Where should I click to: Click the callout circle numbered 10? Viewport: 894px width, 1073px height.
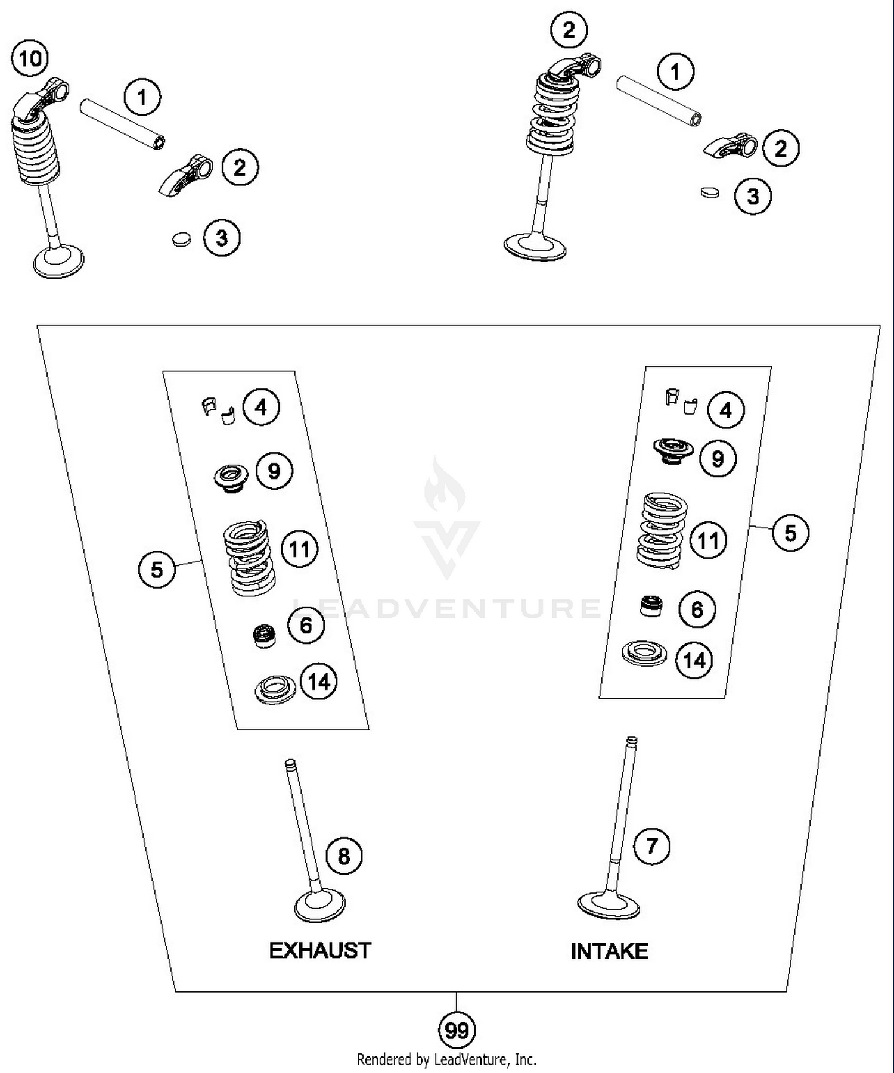[x=30, y=58]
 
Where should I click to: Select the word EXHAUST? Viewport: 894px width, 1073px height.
[x=320, y=950]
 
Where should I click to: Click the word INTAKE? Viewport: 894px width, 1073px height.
[x=609, y=951]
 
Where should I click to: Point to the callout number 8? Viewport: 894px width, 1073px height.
[x=344, y=856]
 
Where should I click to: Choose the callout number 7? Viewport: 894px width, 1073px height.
[x=651, y=846]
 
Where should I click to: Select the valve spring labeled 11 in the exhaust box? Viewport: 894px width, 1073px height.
[x=249, y=558]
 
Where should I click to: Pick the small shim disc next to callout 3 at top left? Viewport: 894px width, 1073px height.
[x=181, y=240]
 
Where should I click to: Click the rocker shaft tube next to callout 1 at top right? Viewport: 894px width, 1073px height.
[x=659, y=100]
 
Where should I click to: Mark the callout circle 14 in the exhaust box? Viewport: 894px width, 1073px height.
[x=319, y=682]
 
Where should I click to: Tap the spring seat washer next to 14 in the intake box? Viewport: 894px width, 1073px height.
[x=644, y=653]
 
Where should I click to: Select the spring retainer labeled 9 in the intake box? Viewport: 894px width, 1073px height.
[x=673, y=450]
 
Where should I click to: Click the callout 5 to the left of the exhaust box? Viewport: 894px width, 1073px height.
[x=157, y=569]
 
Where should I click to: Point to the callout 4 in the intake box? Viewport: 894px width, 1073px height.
[x=725, y=410]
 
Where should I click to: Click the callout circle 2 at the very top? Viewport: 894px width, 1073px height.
[x=569, y=30]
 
